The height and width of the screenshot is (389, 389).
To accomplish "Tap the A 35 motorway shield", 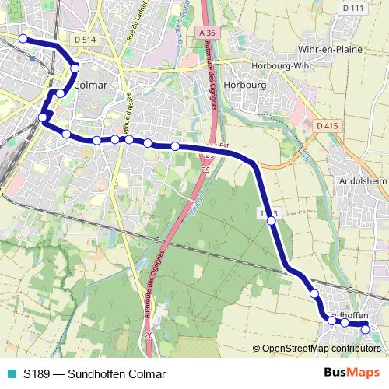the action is [x=206, y=33].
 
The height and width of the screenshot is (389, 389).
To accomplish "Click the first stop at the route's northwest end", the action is [x=23, y=39].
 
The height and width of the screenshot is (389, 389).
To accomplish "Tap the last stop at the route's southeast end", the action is [x=365, y=329].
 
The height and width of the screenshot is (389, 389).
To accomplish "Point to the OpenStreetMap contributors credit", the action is [x=319, y=348].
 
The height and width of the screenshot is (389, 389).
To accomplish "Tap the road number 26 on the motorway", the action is [x=148, y=335].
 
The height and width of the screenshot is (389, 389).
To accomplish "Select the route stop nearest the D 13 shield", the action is [x=271, y=221].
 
